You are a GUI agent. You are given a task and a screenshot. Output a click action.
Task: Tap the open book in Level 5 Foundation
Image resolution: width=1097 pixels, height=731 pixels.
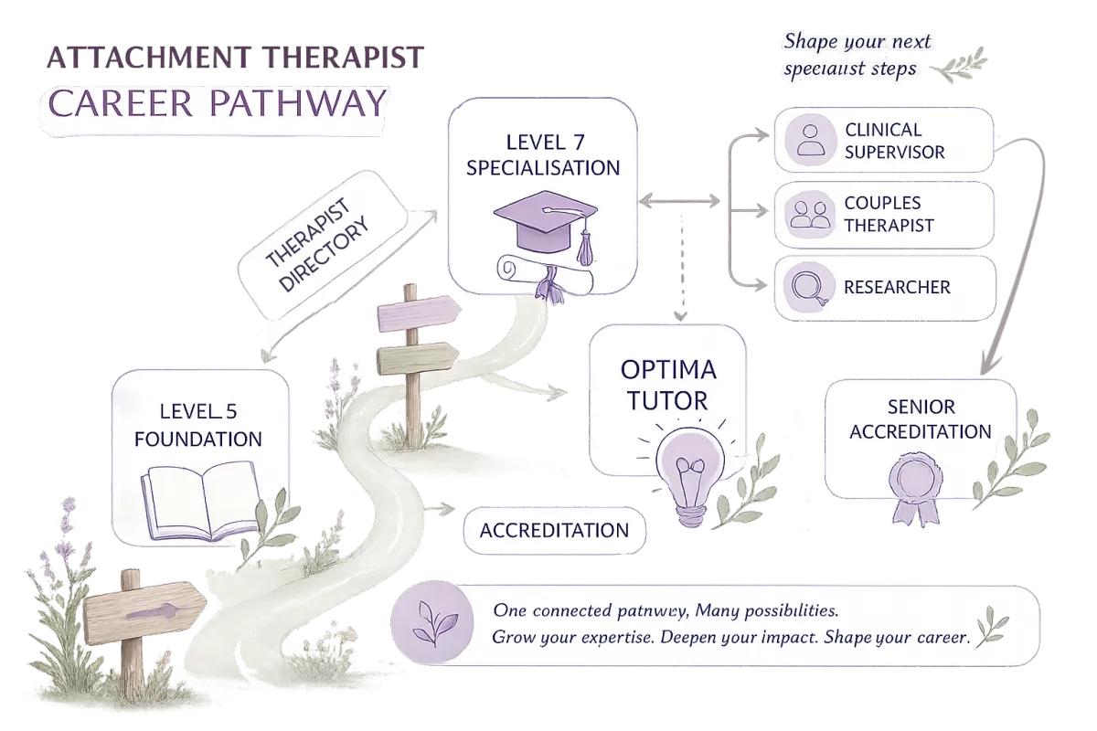202,501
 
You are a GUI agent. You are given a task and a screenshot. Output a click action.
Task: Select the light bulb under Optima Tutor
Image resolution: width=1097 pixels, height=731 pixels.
689,474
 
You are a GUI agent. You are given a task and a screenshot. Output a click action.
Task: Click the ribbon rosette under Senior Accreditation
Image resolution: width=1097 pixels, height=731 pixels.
916,488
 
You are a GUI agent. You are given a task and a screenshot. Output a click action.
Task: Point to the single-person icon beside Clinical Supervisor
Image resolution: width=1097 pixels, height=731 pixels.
810,140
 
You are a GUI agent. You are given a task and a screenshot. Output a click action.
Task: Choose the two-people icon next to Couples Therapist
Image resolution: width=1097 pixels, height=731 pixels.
810,214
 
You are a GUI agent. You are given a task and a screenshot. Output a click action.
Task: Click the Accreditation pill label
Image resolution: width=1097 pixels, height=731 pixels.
554,530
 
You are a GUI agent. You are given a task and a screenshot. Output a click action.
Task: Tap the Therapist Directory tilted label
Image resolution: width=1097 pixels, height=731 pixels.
322,245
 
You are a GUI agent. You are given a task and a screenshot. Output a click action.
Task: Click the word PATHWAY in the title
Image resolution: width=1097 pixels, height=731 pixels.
298,103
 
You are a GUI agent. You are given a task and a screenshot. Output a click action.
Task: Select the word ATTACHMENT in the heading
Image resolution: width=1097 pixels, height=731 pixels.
149,58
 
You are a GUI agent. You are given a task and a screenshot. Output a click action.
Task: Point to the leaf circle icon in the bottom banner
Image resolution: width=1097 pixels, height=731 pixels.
431,623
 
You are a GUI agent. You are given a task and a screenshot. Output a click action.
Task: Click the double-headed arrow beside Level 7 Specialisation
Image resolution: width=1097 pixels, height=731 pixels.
679,201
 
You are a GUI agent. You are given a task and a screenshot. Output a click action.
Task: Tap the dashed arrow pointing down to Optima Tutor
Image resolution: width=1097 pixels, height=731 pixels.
681,268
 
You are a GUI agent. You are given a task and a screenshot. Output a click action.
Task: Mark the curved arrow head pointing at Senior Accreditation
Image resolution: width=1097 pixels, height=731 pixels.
988,365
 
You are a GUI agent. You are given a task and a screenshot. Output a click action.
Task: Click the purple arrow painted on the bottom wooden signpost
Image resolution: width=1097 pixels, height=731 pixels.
153,612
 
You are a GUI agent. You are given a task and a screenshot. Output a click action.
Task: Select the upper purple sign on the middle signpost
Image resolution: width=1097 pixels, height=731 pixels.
419,313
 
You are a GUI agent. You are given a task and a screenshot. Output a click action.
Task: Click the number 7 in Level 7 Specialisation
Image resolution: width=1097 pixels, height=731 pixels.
579,143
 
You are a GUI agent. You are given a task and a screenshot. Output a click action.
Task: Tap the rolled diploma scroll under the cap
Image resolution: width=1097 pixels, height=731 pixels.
545,279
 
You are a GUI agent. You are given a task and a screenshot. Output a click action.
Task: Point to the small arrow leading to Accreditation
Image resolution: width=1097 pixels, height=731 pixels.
440,509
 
